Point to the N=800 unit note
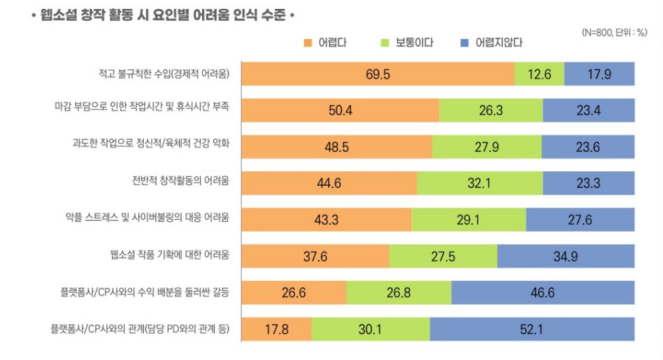pyautogui.click(x=614, y=32)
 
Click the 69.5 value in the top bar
pyautogui.click(x=377, y=75)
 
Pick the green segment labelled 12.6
pyautogui.click(x=540, y=75)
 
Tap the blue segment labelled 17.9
pyautogui.click(x=600, y=75)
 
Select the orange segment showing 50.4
pyautogui.click(x=340, y=111)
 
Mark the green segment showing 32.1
pyautogui.click(x=480, y=183)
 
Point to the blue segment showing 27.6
pyautogui.click(x=580, y=219)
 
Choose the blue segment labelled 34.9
pyautogui.click(x=566, y=256)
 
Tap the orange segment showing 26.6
pyautogui.click(x=294, y=292)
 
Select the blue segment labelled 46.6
pyautogui.click(x=543, y=292)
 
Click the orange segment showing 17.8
pyautogui.click(x=277, y=328)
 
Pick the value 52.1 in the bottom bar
pyautogui.click(x=532, y=328)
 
